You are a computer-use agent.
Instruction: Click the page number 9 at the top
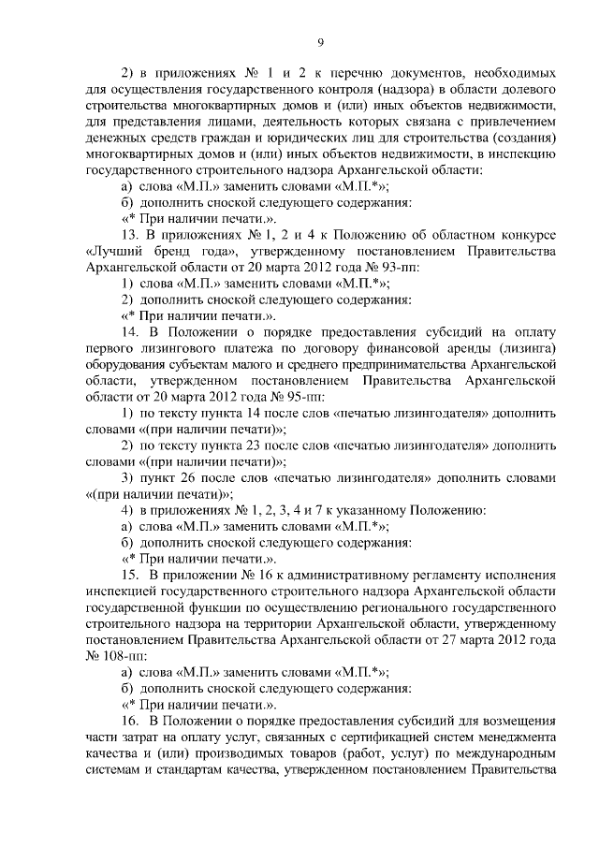pyautogui.click(x=320, y=41)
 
